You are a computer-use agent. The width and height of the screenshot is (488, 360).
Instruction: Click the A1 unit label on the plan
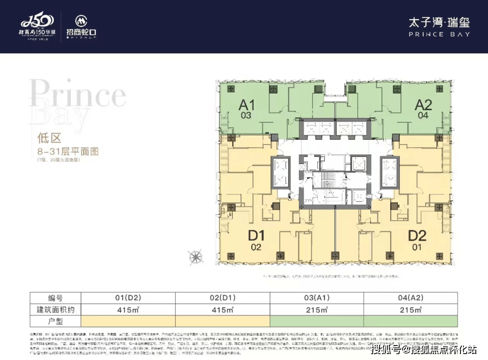tap(247, 105)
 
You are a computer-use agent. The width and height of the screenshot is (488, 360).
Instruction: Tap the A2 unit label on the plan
tap(423, 105)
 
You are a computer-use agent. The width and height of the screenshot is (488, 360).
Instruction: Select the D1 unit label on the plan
tap(256, 236)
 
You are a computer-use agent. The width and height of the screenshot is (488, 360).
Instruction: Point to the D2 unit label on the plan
tap(417, 236)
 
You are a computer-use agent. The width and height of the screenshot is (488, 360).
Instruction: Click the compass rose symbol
tap(196, 257)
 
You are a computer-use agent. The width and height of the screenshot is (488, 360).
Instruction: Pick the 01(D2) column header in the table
tap(128, 298)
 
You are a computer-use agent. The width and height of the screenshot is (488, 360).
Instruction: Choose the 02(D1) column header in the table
tap(222, 298)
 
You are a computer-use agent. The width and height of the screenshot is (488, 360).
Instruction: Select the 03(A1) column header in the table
tap(316, 298)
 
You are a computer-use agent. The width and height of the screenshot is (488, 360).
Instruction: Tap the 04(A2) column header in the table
tap(410, 298)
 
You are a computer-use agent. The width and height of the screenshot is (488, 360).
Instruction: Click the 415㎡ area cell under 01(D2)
tap(128, 310)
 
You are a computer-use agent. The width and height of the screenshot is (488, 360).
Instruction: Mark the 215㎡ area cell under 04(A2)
tap(410, 310)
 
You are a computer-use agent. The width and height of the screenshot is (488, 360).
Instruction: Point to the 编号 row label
tap(56, 298)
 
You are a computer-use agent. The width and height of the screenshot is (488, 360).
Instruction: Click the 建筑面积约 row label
tap(56, 310)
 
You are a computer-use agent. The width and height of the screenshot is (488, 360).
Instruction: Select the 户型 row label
tap(56, 321)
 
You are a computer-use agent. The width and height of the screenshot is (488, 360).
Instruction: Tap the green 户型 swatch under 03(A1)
tap(316, 321)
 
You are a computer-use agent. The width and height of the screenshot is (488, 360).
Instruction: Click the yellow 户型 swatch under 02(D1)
tap(222, 321)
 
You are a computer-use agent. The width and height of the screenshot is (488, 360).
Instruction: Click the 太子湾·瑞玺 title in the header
tap(439, 22)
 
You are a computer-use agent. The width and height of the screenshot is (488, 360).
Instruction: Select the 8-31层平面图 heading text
tap(68, 151)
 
